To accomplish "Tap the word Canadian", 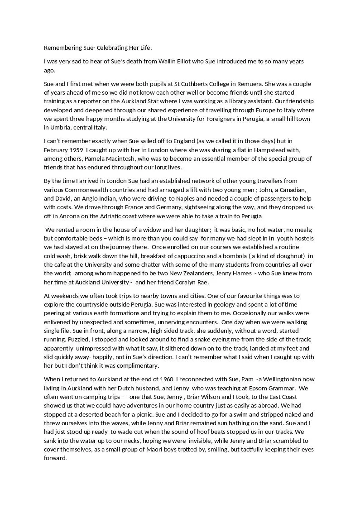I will (x=294, y=190).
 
